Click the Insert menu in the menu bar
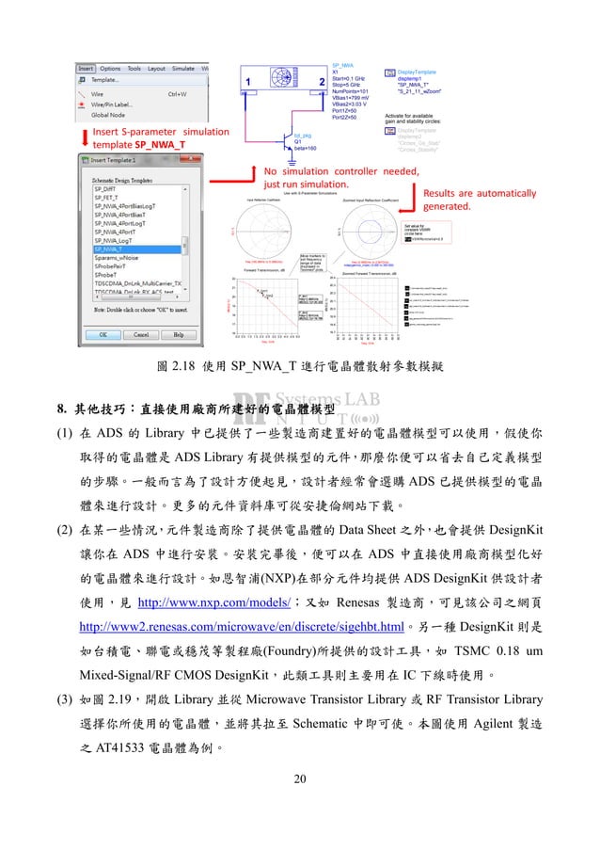click(x=86, y=69)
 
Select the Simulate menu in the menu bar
click(x=182, y=69)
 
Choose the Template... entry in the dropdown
click(x=104, y=81)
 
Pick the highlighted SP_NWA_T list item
click(x=110, y=249)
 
